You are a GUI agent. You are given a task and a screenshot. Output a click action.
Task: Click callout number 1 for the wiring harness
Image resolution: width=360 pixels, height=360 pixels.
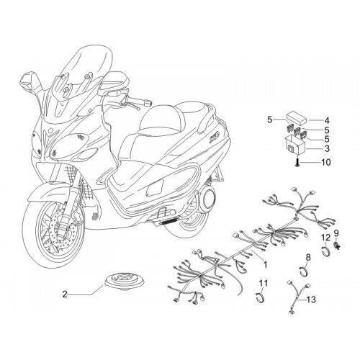[x=265, y=265]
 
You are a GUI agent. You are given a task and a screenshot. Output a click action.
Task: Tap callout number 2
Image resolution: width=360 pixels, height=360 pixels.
[x=65, y=294]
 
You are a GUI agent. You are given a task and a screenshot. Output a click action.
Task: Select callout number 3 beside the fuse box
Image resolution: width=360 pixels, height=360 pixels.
[x=327, y=148]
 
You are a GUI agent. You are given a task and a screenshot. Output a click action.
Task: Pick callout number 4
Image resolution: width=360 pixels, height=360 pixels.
[x=327, y=120]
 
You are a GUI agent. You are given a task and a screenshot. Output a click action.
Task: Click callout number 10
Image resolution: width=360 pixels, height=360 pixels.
[x=326, y=163]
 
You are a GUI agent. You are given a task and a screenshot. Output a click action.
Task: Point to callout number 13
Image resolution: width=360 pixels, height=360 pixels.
[x=311, y=300]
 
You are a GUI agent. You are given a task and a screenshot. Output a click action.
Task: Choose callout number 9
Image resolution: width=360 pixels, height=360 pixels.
[x=336, y=233]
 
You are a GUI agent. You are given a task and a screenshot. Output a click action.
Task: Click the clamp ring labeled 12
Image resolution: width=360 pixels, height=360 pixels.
[x=326, y=251]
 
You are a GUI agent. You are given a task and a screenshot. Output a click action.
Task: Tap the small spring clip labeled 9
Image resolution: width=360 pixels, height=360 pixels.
[x=337, y=246]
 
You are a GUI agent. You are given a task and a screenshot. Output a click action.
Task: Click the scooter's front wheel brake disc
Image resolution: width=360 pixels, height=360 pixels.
[x=60, y=233]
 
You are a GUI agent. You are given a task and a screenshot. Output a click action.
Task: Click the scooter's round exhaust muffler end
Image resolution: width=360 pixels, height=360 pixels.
[x=207, y=199]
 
